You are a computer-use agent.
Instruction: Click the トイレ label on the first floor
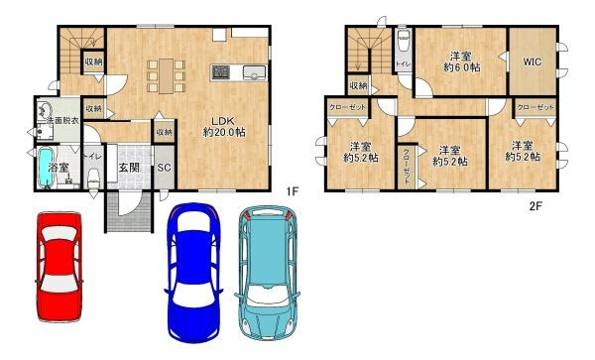pos(88,157)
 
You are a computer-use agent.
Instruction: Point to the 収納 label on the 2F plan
pos(358,86)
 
